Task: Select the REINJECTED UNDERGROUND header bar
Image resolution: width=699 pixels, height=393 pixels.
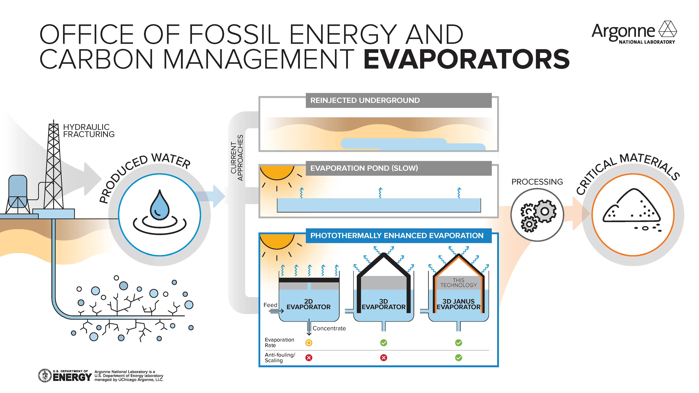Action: tap(398, 100)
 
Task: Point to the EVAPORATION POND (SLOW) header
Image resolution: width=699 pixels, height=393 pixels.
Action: tap(398, 168)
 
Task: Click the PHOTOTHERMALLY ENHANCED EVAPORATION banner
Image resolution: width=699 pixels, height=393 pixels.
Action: tap(398, 235)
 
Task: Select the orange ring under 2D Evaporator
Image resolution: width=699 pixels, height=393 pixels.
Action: tap(309, 343)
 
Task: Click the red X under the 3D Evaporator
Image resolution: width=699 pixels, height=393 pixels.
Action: tap(383, 358)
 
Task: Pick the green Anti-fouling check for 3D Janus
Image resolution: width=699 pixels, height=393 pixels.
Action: tap(458, 358)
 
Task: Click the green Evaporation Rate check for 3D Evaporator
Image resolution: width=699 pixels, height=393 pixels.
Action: tap(383, 343)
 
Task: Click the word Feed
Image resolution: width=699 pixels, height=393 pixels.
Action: tap(270, 305)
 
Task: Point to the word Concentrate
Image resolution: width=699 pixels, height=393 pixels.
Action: tap(329, 328)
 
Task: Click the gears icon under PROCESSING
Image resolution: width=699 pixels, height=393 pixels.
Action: tap(537, 215)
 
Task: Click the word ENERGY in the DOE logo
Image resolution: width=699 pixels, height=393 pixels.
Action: tap(72, 377)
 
